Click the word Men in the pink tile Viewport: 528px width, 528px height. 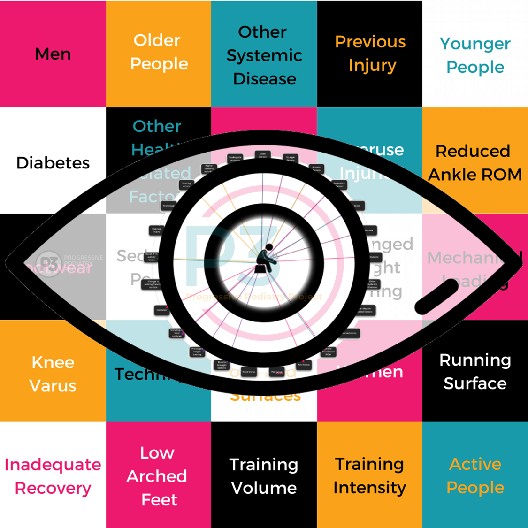click(53, 54)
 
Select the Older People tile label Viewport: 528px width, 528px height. click(158, 52)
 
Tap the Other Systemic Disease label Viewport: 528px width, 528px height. click(264, 55)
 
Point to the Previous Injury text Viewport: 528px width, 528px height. click(370, 53)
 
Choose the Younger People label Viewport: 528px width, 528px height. click(475, 55)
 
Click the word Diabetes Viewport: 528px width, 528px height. click(53, 163)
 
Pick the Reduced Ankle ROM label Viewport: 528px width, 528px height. click(474, 162)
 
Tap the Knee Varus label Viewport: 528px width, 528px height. click(53, 374)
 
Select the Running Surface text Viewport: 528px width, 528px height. click(474, 371)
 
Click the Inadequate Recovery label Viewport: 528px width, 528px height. click(53, 476)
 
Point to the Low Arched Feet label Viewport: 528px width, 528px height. click(158, 476)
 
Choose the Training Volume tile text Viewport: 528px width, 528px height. click(264, 476)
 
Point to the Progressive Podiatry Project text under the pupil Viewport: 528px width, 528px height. click(254, 297)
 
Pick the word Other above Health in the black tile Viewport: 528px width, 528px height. click(157, 126)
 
